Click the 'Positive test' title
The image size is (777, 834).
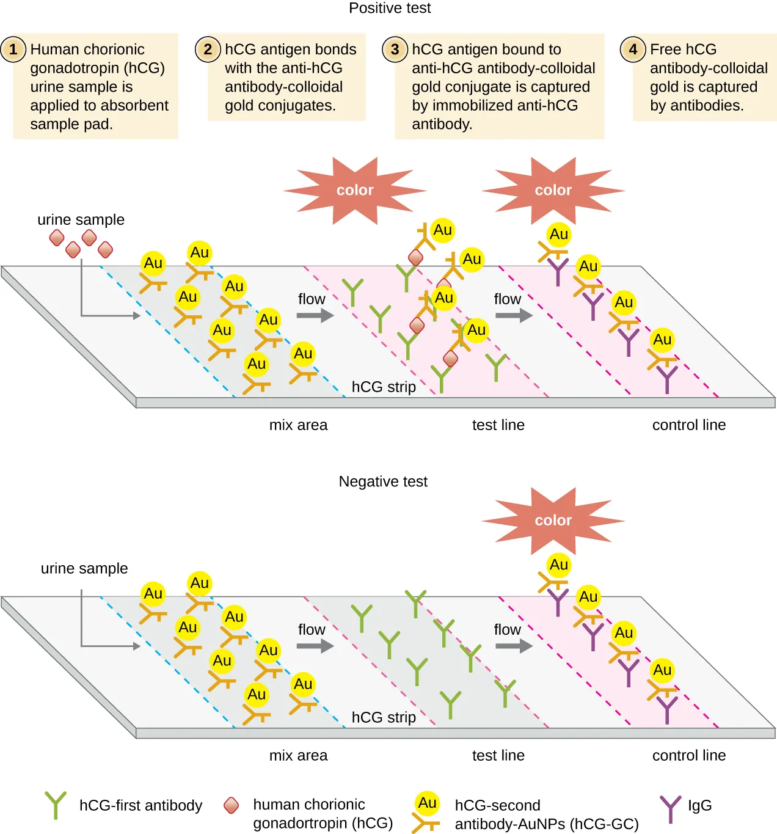[x=389, y=8]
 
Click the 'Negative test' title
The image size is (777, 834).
[x=383, y=481]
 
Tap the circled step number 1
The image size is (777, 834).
[x=13, y=49]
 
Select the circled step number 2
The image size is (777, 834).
[x=208, y=49]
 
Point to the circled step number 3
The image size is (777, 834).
[x=395, y=49]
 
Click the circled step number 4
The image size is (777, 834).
[x=633, y=49]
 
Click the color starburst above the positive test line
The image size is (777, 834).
[x=355, y=190]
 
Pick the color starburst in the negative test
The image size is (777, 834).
[x=553, y=521]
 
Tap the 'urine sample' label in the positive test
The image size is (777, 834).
[x=81, y=219]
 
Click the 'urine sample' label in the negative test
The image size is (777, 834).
[x=84, y=568]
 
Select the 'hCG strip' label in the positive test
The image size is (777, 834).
[x=384, y=387]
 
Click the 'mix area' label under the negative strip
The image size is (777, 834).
[x=298, y=755]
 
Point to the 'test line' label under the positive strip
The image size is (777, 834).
[x=498, y=425]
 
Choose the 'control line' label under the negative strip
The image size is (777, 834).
[x=689, y=755]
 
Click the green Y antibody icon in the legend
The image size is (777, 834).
[x=56, y=805]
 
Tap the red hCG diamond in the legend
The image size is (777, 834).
[x=231, y=805]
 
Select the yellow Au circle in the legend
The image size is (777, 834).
[x=427, y=803]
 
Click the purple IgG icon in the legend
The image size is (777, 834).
[x=670, y=808]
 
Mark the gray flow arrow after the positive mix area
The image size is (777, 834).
[x=315, y=315]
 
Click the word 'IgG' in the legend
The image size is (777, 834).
[x=699, y=805]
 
